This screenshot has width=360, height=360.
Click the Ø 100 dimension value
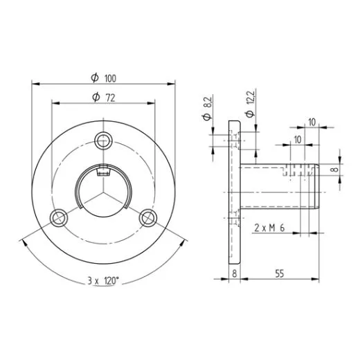click(104, 78)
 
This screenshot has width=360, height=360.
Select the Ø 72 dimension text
click(104, 98)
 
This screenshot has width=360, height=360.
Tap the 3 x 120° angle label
click(103, 281)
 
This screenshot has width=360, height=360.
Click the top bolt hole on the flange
click(103, 141)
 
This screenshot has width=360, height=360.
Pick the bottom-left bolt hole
click(59, 218)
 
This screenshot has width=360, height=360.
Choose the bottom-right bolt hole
click(148, 218)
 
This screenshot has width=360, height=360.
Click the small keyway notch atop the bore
click(103, 172)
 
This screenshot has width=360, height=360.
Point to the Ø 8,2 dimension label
click(207, 109)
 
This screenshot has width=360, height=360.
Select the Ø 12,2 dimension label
click(250, 104)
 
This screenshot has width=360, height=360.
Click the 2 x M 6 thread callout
click(269, 228)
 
